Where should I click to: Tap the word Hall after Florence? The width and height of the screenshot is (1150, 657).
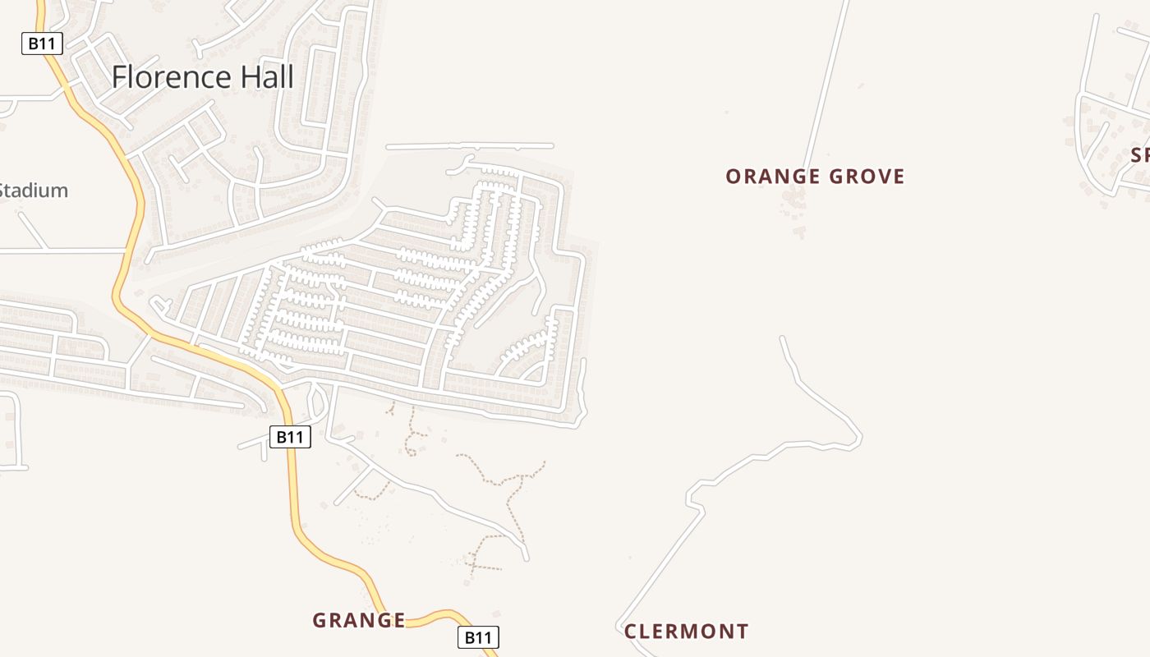click(264, 77)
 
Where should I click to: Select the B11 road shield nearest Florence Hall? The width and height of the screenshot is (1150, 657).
click(41, 44)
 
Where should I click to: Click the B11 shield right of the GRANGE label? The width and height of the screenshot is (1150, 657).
click(477, 636)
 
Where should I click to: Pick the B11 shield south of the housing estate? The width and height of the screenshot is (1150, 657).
click(290, 437)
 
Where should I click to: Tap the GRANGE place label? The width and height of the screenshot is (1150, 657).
click(359, 621)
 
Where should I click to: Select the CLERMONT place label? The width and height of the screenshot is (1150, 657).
click(686, 632)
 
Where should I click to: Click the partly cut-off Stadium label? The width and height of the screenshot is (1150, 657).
click(33, 191)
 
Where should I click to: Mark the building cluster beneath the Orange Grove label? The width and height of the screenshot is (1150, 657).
click(795, 201)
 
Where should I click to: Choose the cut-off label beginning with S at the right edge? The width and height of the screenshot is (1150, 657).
click(1140, 155)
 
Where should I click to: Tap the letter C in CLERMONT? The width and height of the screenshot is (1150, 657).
click(631, 632)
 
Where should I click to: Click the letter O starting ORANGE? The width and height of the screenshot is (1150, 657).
click(733, 177)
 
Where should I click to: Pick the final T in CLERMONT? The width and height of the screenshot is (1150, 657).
click(743, 632)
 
